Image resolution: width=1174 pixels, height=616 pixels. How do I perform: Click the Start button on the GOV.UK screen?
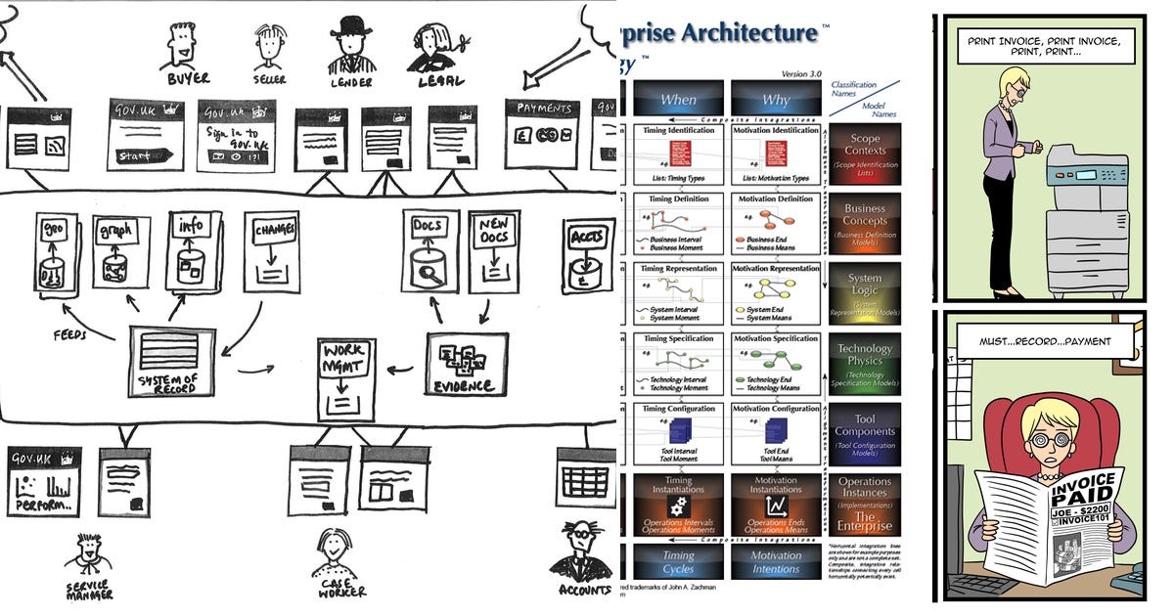146,154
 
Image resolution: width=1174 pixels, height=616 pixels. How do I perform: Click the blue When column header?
678,99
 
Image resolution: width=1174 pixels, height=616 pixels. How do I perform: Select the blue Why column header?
776,99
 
